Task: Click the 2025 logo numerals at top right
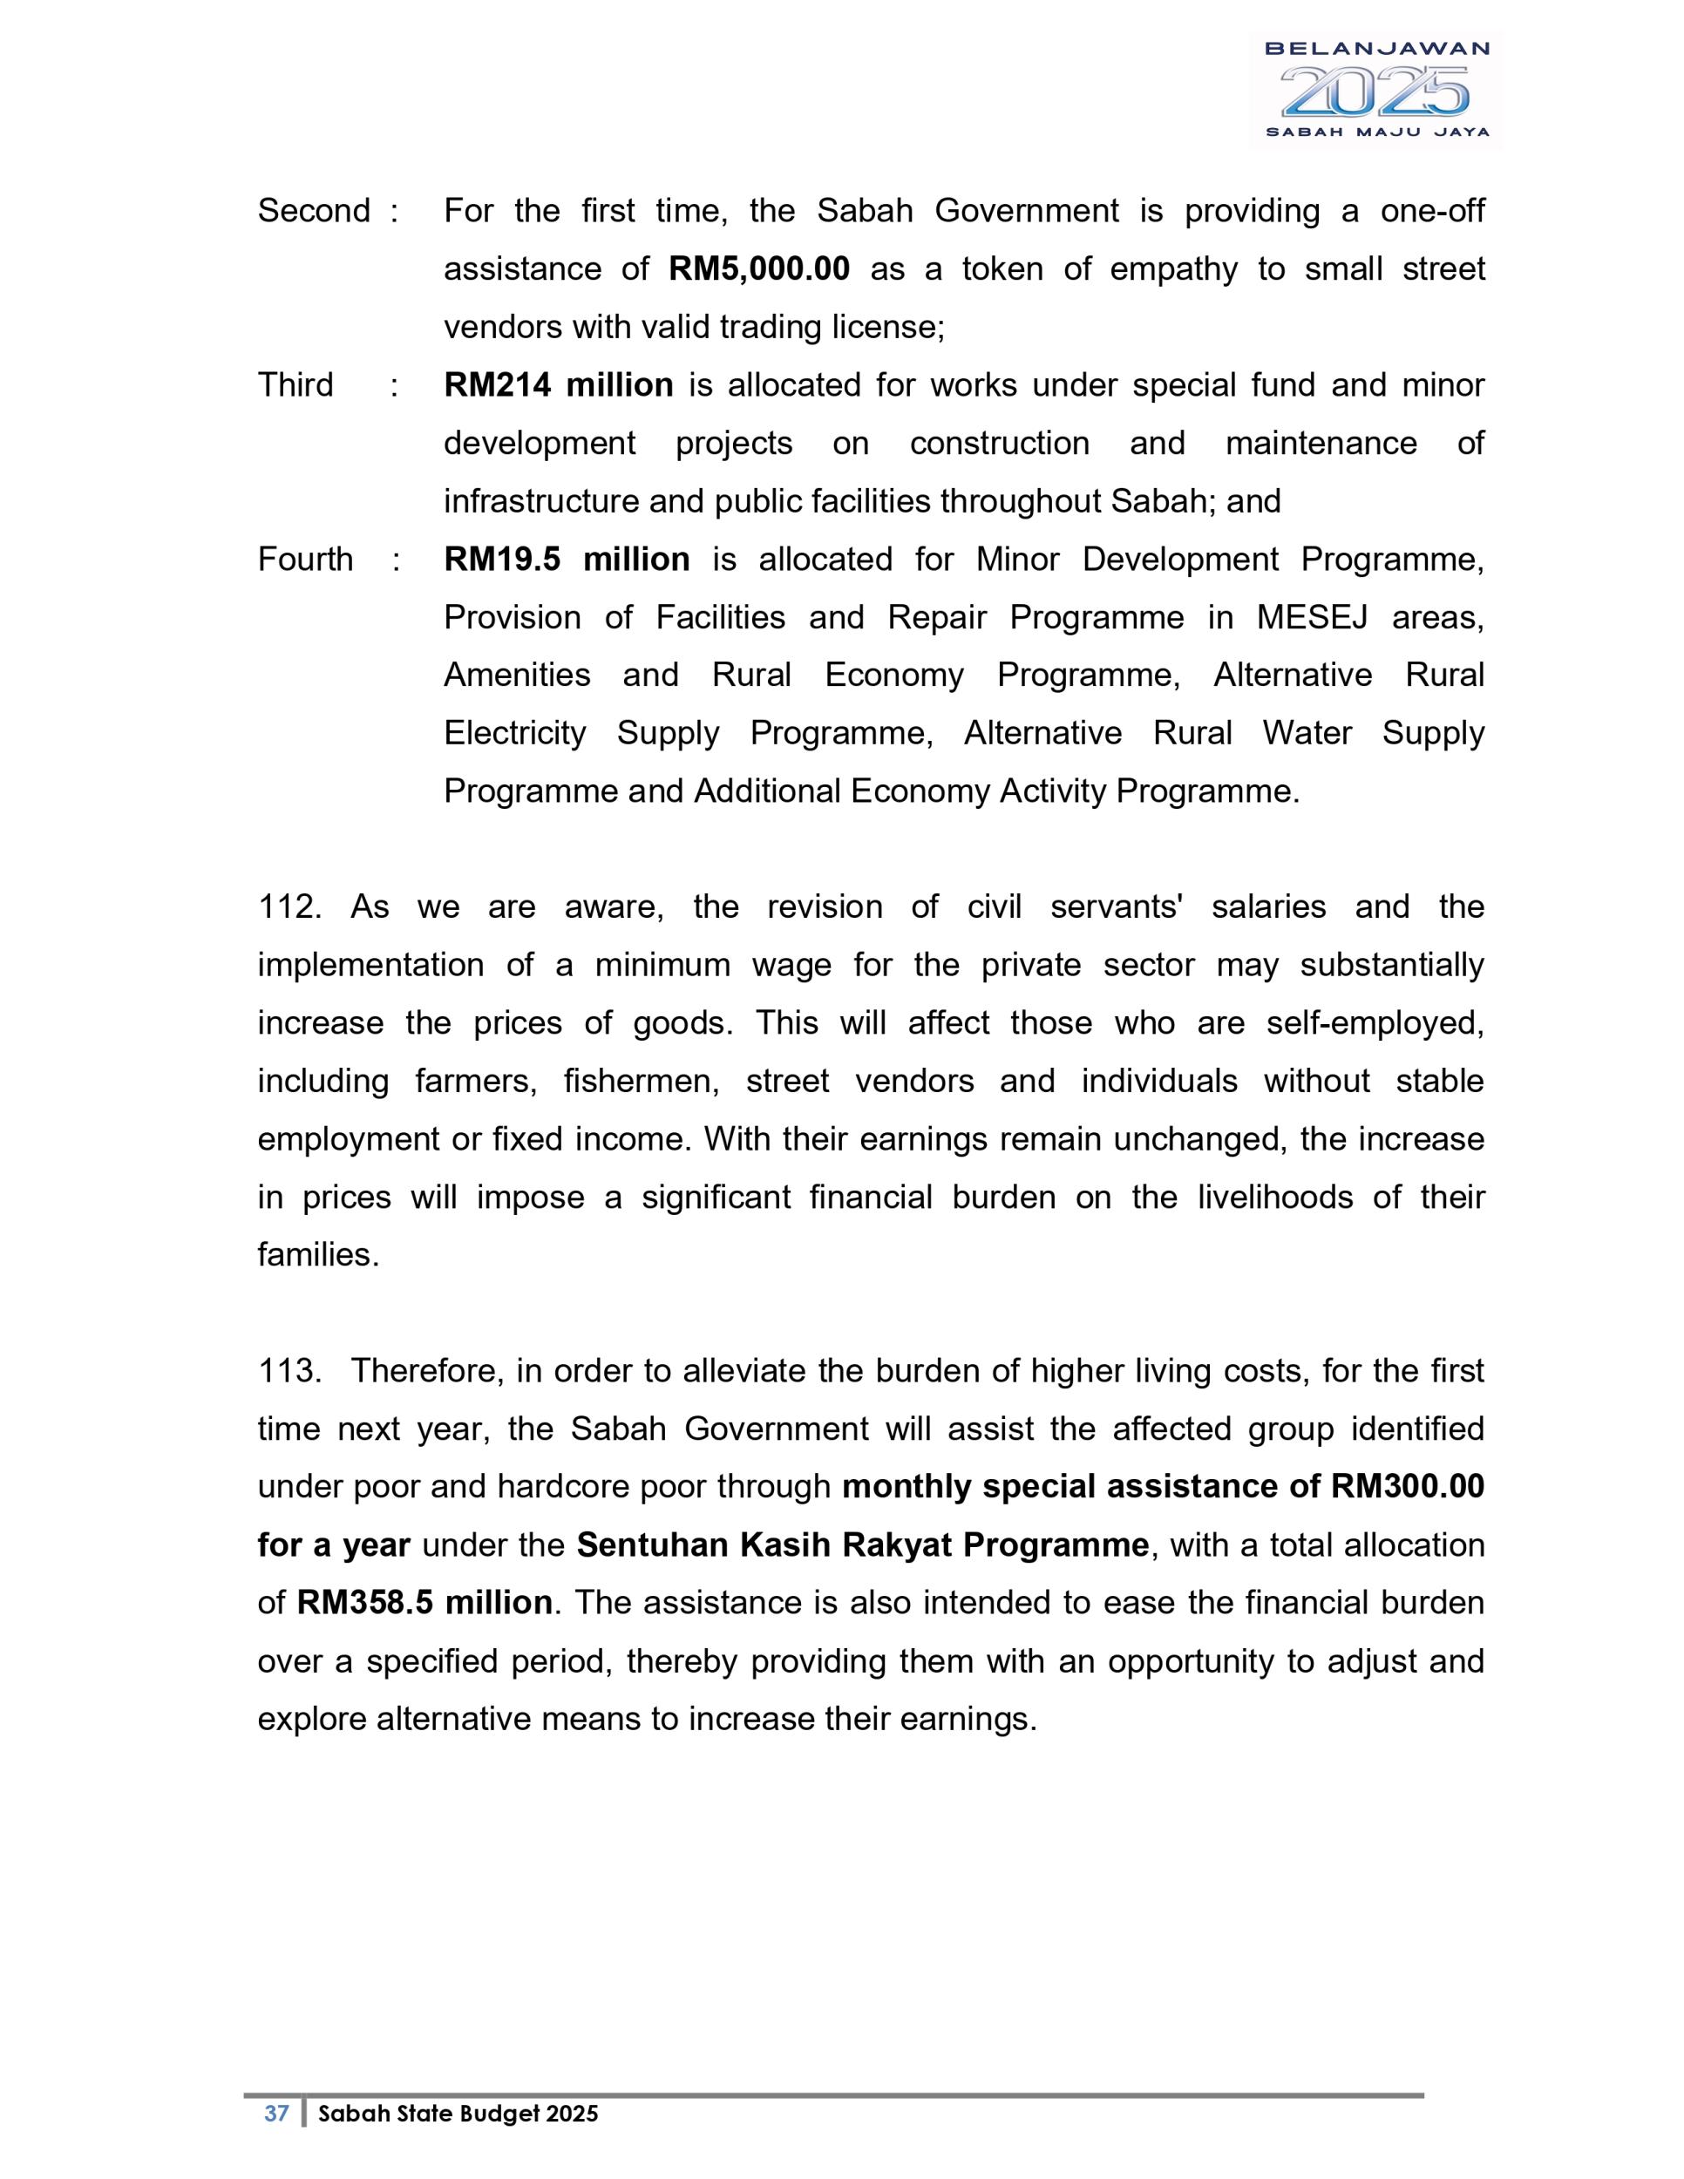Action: coord(1375,92)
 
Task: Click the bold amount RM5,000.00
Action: coord(758,269)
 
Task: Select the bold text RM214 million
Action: coord(558,385)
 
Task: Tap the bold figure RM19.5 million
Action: coord(566,560)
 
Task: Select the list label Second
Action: coord(313,212)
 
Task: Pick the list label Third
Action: coord(295,385)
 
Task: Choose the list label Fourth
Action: coord(304,560)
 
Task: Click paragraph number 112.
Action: coord(289,908)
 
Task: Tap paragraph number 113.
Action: coord(289,1371)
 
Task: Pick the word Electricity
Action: coord(515,733)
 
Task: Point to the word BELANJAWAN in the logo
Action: coord(1376,48)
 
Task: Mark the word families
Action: coord(317,1255)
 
